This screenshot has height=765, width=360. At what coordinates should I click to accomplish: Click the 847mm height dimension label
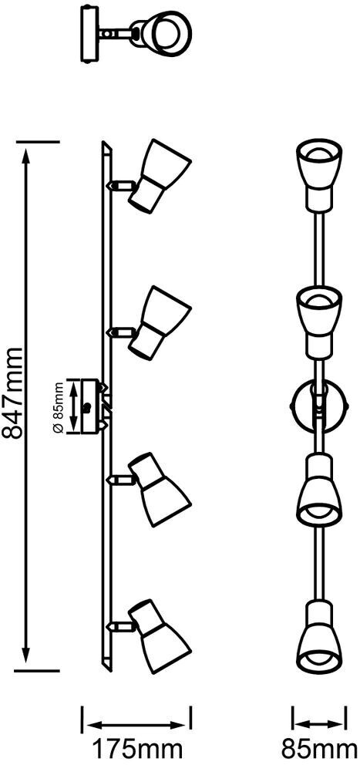pyautogui.click(x=12, y=393)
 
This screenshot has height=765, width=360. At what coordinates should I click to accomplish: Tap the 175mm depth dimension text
pyautogui.click(x=137, y=749)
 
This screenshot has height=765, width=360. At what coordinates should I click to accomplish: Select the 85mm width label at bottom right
pyautogui.click(x=320, y=749)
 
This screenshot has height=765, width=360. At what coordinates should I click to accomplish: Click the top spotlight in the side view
pyautogui.click(x=159, y=176)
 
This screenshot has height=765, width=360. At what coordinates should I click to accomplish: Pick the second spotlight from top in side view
pyautogui.click(x=159, y=322)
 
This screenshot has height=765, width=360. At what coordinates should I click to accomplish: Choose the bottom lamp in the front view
pyautogui.click(x=318, y=637)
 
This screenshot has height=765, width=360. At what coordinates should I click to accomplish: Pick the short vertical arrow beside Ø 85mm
pyautogui.click(x=75, y=406)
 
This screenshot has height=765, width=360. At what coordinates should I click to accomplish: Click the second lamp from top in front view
pyautogui.click(x=318, y=322)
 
